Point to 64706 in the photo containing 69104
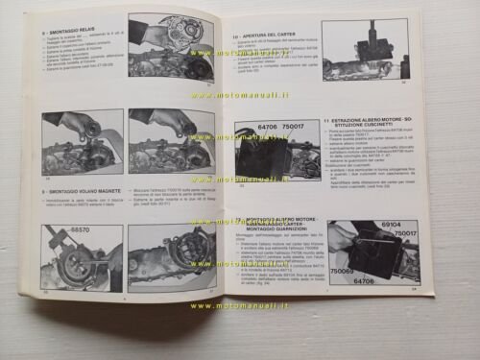click(392, 281)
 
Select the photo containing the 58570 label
click(81, 257)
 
